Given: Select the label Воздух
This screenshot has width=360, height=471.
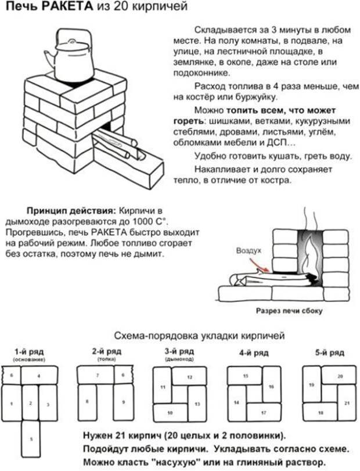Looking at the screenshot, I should pyautogui.click(x=249, y=251).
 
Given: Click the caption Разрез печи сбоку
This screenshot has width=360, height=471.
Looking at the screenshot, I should pyautogui.click(x=289, y=311).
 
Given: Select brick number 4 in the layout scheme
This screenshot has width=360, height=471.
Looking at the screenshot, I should pyautogui.click(x=39, y=376).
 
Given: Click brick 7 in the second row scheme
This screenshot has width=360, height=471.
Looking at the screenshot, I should pyautogui.click(x=96, y=376).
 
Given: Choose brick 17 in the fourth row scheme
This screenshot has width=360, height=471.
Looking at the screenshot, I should pyautogui.click(x=263, y=412).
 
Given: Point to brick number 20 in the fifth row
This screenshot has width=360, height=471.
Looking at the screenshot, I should pyautogui.click(x=340, y=376).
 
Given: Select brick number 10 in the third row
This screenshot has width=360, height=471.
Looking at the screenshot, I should pyautogui.click(x=170, y=412).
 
